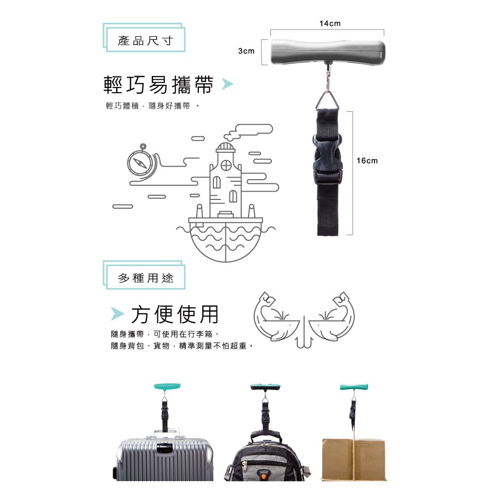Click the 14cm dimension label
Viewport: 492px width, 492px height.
pos(330,23)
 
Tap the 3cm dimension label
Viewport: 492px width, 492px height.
pos(247,51)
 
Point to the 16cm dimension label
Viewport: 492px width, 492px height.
pos(367,161)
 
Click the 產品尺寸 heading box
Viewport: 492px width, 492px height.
pos(144,38)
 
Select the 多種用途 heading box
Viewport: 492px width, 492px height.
pos(144,275)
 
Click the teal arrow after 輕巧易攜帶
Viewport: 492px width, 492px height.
pos(227,84)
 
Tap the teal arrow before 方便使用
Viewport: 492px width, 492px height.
pos(118,313)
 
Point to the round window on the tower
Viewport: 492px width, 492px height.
pos(226,165)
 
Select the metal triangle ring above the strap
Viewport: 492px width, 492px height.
pos(328,100)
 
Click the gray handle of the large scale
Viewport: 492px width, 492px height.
pos(328,52)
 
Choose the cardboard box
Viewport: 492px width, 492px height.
pos(353,460)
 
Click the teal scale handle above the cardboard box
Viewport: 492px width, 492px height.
pos(354,387)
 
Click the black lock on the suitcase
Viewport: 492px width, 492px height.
pos(164,447)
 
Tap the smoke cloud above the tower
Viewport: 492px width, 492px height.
pos(249,132)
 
